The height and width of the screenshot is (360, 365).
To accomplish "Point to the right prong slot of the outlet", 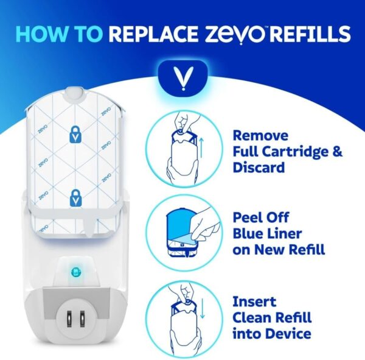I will pyautogui.click(x=82, y=319).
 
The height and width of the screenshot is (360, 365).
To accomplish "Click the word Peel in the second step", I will pyautogui.click(x=249, y=217).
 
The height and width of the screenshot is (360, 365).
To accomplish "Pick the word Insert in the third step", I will pyautogui.click(x=254, y=302).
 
